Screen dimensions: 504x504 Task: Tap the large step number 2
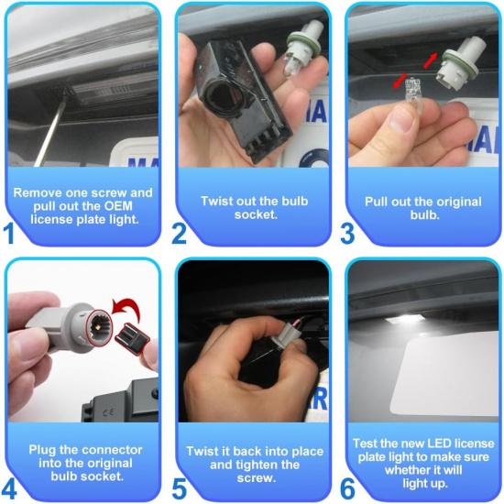[180, 233]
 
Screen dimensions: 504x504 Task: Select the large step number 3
[347, 233]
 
